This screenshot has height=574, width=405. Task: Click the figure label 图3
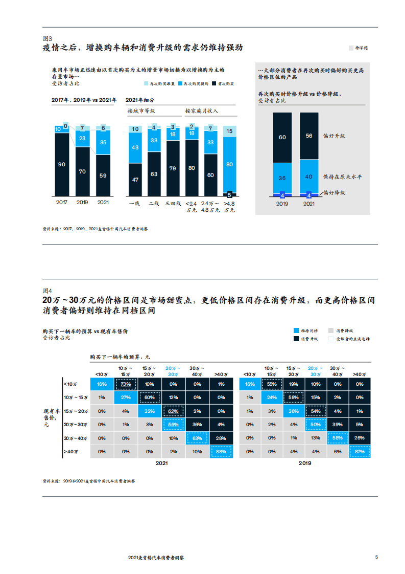[47, 38]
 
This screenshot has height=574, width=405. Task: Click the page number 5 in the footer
[376, 557]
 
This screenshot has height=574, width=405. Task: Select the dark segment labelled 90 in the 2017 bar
[62, 164]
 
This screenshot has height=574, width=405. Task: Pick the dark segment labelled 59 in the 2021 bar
[103, 175]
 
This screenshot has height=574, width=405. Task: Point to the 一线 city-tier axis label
[135, 203]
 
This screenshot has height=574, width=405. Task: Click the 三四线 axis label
[173, 203]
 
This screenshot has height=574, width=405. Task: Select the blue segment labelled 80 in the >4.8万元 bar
[230, 164]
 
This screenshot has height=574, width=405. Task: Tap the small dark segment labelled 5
[230, 194]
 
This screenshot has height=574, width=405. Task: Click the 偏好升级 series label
[335, 136]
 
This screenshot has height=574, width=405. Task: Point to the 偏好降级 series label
[335, 192]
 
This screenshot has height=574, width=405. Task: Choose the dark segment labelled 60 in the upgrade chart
[282, 137]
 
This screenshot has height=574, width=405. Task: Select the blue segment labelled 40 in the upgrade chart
[309, 176]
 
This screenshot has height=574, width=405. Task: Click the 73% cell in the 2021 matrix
[125, 384]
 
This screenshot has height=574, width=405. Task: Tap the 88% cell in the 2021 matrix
[221, 451]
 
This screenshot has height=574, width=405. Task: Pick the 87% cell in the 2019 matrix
[360, 451]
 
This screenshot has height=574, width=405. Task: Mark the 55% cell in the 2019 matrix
[272, 384]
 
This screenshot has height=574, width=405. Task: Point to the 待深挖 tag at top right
[359, 48]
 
